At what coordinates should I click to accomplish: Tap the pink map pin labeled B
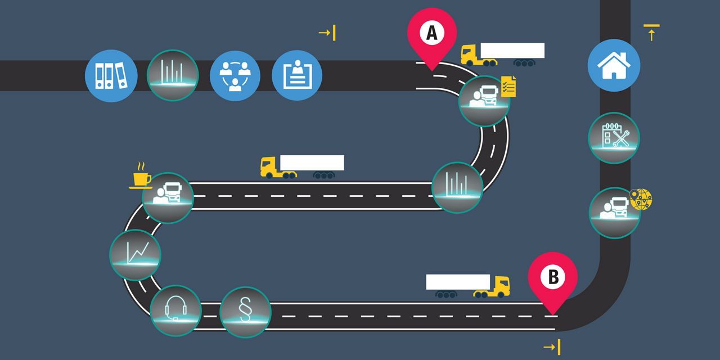552,277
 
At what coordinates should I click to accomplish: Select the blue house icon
614,65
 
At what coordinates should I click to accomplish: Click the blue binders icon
111,75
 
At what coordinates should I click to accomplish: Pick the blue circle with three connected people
235,75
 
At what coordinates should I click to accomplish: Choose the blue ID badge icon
297,75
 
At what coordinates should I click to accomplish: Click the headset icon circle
175,310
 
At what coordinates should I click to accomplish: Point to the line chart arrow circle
135,255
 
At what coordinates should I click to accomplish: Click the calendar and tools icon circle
614,138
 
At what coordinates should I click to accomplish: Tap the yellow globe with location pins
641,199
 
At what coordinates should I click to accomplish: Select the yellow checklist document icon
508,87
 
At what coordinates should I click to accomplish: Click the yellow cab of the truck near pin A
471,55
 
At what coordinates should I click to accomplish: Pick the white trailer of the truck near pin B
457,282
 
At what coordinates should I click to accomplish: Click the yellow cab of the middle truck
270,166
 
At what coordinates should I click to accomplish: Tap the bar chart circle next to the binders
172,75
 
